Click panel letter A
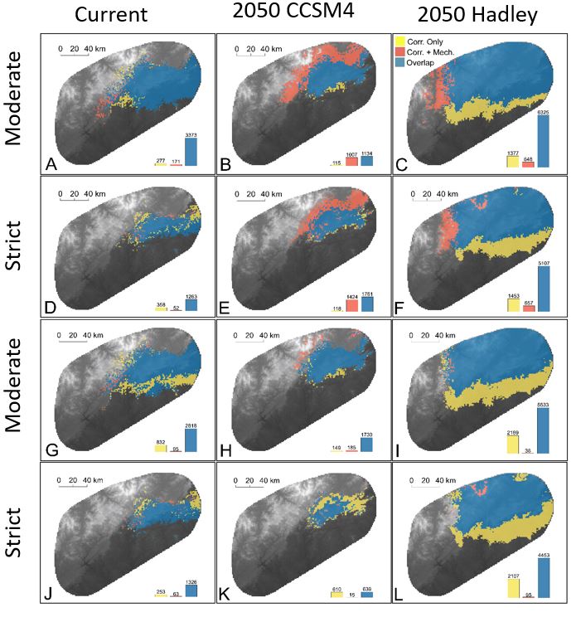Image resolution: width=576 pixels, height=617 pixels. click(x=51, y=164)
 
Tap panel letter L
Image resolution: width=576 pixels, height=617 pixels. click(x=404, y=593)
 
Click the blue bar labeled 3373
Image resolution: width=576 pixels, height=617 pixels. click(x=191, y=152)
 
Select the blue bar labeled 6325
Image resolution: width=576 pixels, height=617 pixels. click(x=544, y=141)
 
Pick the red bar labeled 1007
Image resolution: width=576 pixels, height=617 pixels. click(x=351, y=161)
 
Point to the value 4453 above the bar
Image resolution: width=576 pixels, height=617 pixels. click(x=544, y=554)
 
